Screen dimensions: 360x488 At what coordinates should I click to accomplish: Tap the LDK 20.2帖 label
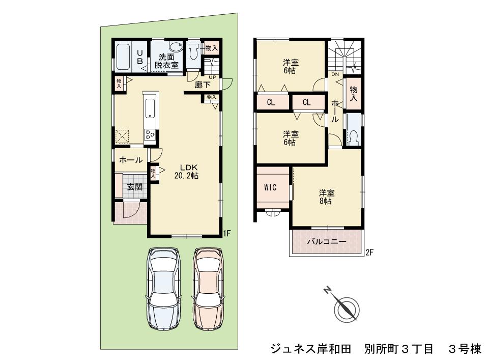click(x=186, y=172)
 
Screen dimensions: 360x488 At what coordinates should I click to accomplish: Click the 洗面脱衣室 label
click(x=166, y=61)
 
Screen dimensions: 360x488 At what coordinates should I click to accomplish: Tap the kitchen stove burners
click(x=151, y=134)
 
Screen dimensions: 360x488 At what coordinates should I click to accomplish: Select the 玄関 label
click(x=134, y=187)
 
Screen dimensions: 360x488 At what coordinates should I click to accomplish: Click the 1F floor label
click(x=227, y=234)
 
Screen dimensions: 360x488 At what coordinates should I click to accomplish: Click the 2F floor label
click(x=370, y=251)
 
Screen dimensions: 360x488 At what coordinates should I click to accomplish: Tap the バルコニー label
click(x=326, y=241)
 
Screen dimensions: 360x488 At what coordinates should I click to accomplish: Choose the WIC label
click(x=270, y=187)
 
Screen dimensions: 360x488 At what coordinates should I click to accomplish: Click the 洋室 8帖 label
click(x=326, y=197)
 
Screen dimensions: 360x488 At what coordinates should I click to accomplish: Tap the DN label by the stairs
click(x=334, y=75)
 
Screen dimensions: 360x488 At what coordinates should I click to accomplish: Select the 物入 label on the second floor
click(x=353, y=94)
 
